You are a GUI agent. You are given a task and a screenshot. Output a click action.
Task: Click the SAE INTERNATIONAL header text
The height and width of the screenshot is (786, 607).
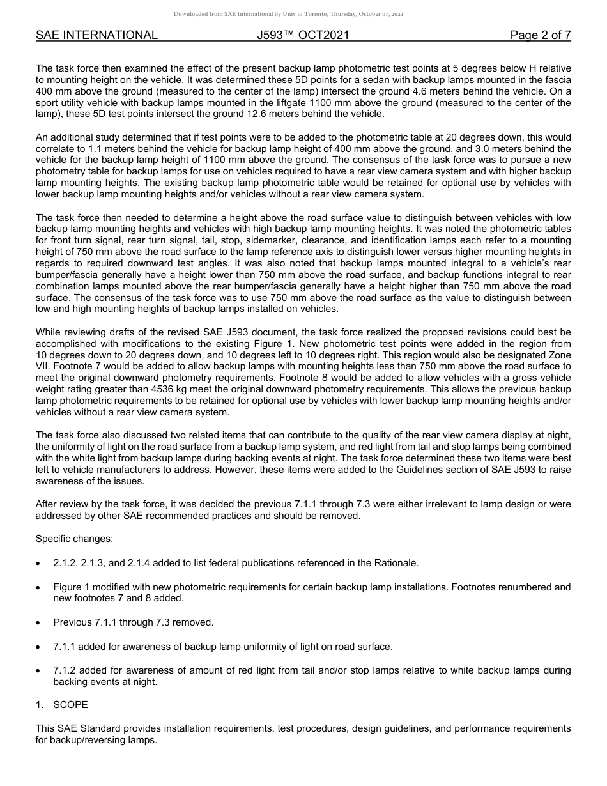coord(96,35)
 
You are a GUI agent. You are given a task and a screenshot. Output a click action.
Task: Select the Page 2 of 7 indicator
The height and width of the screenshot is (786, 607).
coord(540,35)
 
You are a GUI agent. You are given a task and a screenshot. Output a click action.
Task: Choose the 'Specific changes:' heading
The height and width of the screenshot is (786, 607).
coord(74,539)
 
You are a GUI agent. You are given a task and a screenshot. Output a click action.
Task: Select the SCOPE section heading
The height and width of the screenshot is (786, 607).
coord(70,705)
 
